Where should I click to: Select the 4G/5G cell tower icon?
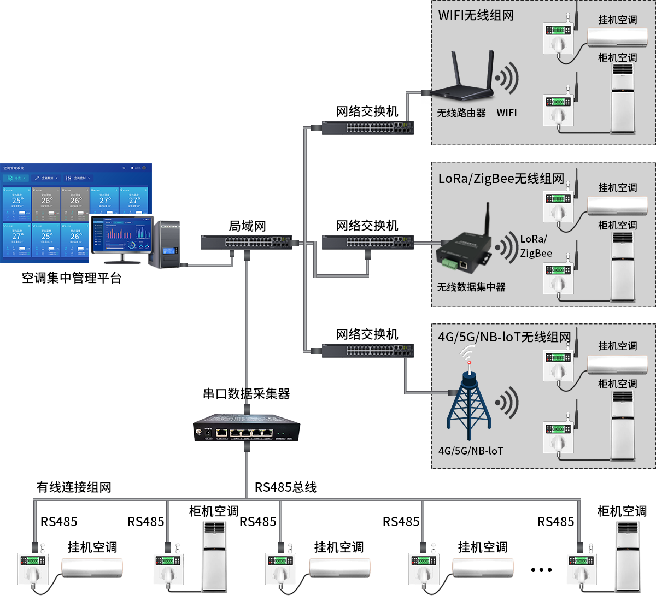point(468,404)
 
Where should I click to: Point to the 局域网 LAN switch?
point(247,242)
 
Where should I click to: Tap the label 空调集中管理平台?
point(72,278)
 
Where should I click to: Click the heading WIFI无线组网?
point(476,15)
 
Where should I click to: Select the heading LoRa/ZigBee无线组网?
point(501,179)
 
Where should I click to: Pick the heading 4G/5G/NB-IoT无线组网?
point(504,337)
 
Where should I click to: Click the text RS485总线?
point(285,487)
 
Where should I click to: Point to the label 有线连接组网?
point(74,487)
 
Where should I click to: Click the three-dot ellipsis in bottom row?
point(541,570)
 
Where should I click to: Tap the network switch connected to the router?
point(367,128)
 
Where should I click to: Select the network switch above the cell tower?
point(367,351)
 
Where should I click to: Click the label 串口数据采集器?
point(247,394)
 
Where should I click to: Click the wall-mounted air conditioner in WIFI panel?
point(617,37)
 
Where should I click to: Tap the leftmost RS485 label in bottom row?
point(59,522)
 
